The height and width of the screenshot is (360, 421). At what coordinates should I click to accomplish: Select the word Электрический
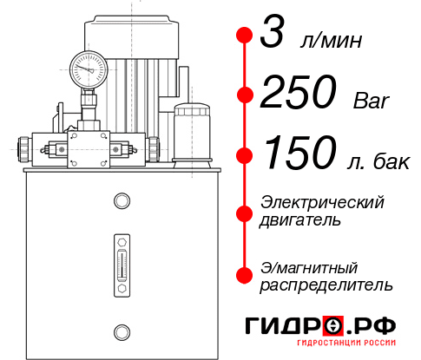[322, 202]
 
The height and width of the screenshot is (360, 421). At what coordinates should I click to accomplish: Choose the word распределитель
[326, 284]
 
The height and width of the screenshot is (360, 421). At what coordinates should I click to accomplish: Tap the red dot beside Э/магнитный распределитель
[245, 274]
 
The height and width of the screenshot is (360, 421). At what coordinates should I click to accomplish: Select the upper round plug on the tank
[121, 202]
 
